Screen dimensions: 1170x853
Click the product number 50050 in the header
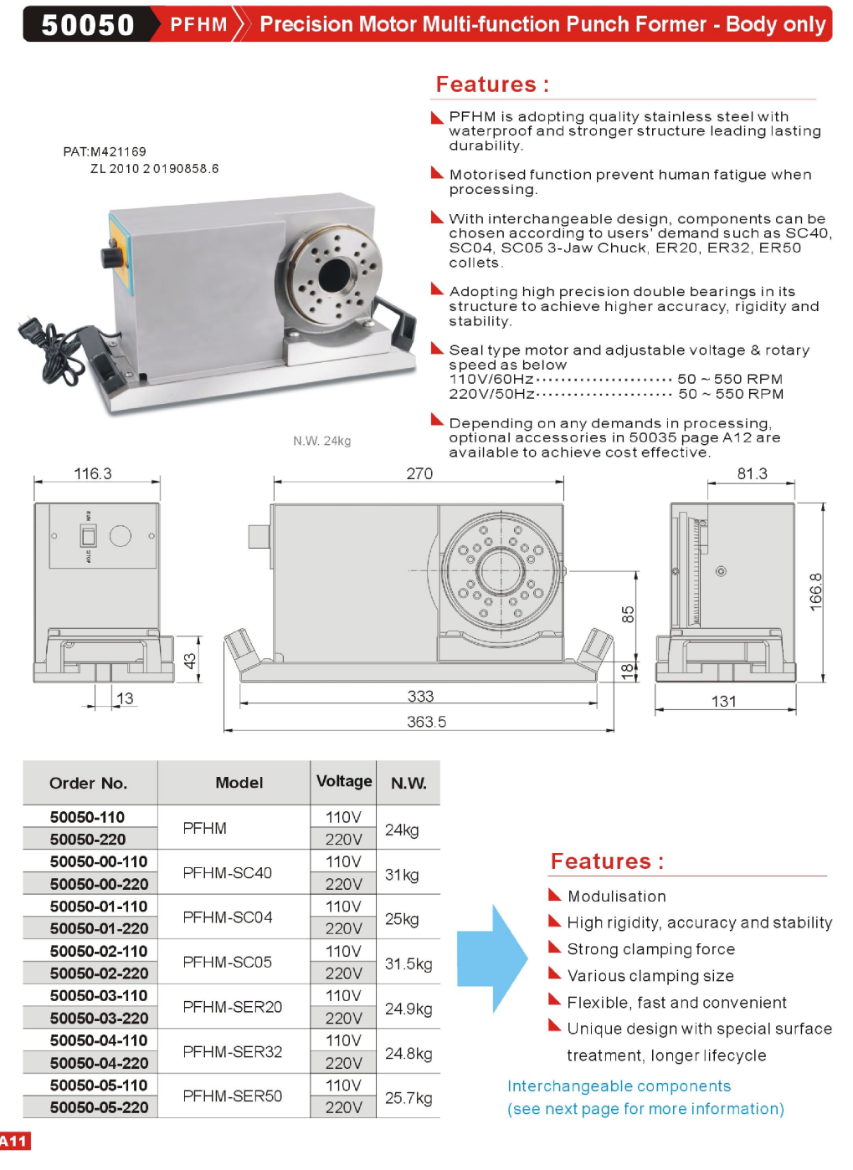88,24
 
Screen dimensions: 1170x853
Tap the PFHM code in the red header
198,24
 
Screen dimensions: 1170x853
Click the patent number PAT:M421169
105,151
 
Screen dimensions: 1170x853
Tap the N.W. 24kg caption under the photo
321,441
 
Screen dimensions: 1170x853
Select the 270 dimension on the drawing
419,473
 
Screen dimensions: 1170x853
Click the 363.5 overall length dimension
426,722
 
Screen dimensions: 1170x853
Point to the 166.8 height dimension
815,592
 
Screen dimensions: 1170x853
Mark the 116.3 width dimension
92,473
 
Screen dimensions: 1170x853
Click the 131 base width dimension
724,702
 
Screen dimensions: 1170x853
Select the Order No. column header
88,783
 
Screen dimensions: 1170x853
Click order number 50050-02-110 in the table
99,951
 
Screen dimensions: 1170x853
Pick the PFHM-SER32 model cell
233,1051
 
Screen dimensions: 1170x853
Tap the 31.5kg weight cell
409,963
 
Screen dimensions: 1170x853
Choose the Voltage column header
344,781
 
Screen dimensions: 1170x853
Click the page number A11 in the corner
14,1142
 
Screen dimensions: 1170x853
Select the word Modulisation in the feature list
617,897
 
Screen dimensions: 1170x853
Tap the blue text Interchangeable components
619,1086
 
